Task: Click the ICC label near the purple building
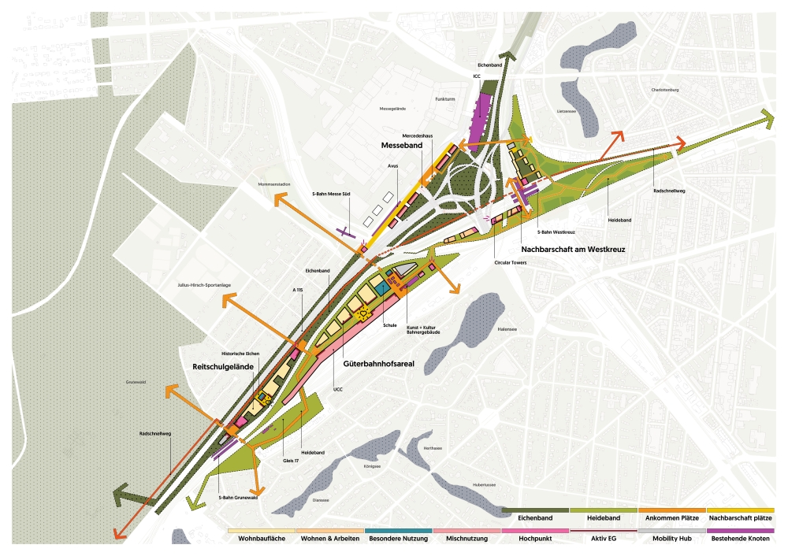(x=477, y=76)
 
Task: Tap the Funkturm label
(x=446, y=100)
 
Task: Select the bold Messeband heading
(x=402, y=146)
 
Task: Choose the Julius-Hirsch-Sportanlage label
(x=203, y=284)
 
